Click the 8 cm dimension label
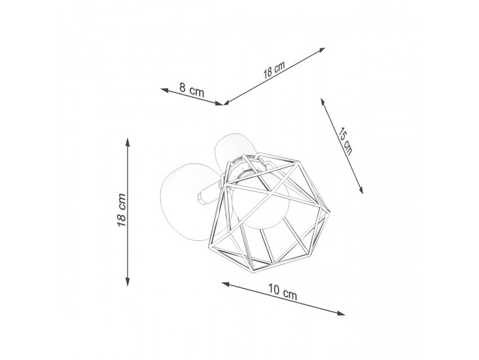coord(192,89)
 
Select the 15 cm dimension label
coord(346,141)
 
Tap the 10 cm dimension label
coord(283,291)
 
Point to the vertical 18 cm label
coord(122,210)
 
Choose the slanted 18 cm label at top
coord(274,70)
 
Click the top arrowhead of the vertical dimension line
coord(128,142)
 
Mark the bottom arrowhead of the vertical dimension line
coord(128,282)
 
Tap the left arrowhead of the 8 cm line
coord(164,90)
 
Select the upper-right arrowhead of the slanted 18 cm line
coord(321,50)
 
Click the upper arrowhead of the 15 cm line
coord(323,101)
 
